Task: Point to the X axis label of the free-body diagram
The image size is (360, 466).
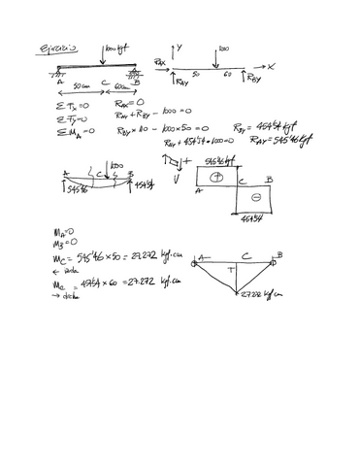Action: (273, 66)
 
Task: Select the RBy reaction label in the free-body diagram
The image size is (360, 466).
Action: (253, 76)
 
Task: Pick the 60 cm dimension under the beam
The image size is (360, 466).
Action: (121, 86)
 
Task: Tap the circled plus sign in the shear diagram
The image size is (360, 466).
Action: (215, 178)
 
